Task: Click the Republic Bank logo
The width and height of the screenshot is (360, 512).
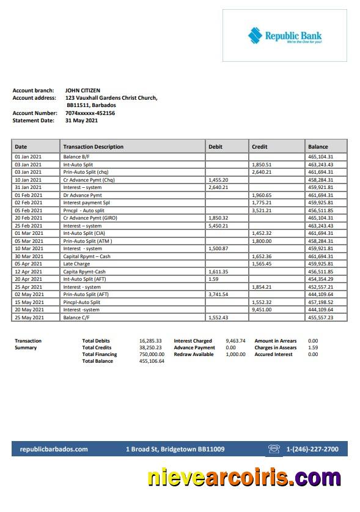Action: (284, 36)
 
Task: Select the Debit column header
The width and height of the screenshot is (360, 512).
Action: (215, 147)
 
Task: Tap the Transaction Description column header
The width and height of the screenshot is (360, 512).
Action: (93, 147)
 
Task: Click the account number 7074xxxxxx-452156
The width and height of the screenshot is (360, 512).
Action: (90, 113)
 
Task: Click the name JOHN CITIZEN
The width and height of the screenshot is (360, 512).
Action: (83, 91)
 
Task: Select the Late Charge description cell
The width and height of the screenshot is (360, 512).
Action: (76, 264)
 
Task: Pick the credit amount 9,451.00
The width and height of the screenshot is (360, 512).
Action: (262, 310)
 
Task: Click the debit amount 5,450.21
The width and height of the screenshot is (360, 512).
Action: (218, 226)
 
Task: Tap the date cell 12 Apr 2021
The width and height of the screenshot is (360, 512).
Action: (29, 272)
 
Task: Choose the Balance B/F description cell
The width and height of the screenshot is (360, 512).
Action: (78, 157)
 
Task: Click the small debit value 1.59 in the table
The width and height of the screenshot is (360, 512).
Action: (213, 279)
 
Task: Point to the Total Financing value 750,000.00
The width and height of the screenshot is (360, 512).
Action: (152, 354)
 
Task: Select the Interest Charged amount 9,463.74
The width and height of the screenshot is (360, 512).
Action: (235, 341)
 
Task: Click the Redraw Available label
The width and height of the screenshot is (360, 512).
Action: (194, 354)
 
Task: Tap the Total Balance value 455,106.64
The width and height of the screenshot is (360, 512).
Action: (152, 361)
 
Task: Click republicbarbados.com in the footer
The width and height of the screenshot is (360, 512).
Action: (54, 449)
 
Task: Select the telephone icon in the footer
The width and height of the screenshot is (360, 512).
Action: (273, 449)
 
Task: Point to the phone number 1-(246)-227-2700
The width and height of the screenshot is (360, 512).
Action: (312, 449)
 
